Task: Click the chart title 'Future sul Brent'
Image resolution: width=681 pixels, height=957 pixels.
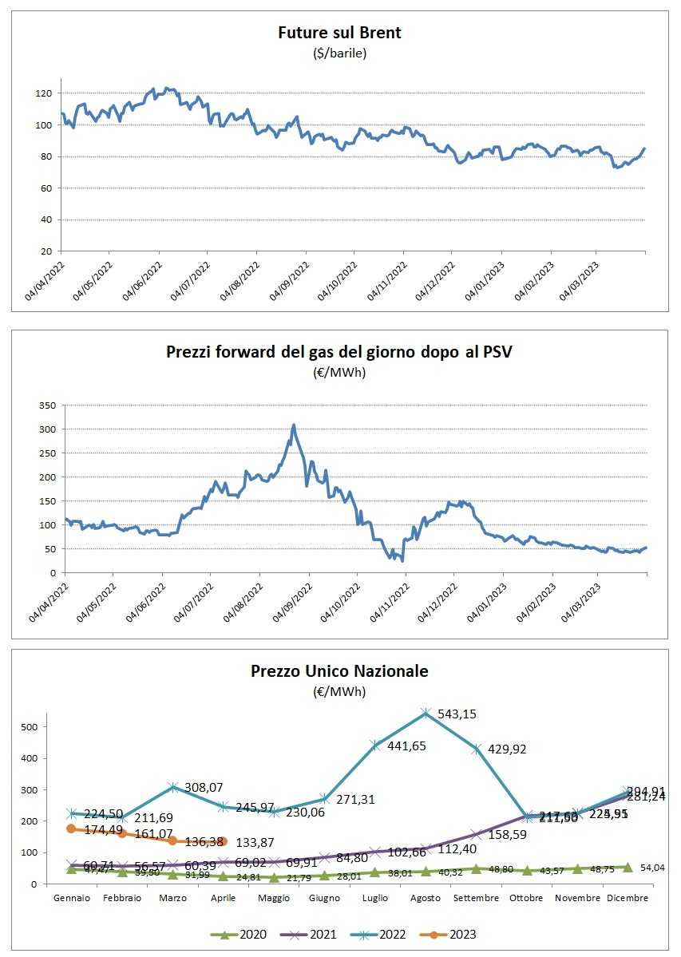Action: tap(339, 34)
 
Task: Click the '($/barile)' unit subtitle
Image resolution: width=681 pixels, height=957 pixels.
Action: tap(339, 53)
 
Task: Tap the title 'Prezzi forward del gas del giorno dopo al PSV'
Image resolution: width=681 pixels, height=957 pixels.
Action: tap(339, 351)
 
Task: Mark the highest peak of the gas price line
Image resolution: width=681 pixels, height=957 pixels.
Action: tap(294, 425)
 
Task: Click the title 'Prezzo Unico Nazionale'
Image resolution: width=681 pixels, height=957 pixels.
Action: tap(339, 671)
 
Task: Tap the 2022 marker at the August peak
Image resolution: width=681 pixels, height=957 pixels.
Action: tap(426, 712)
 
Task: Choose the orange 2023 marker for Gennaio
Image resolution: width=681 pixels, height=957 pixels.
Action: tap(71, 828)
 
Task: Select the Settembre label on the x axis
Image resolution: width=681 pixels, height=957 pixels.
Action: tap(476, 898)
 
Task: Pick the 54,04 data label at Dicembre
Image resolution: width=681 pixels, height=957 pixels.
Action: tap(654, 867)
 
